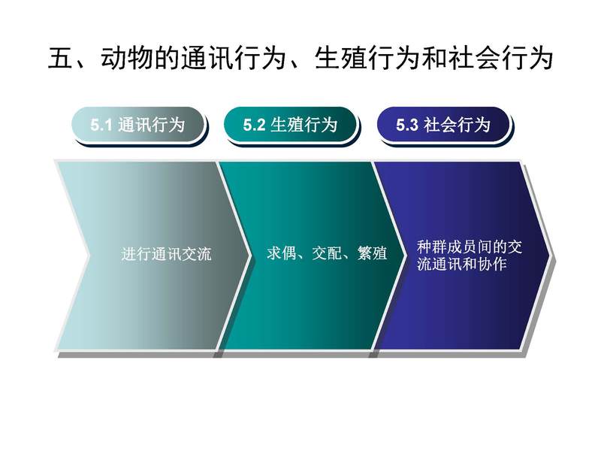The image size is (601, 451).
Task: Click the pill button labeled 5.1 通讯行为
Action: click(x=138, y=125)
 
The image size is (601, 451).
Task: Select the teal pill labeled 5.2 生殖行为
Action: click(x=291, y=125)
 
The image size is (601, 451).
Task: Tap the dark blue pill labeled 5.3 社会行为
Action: click(x=443, y=125)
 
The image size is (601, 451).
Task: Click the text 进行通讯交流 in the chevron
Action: click(x=166, y=254)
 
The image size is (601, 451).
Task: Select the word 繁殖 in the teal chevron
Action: click(x=372, y=253)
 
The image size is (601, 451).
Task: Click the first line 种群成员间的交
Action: click(x=469, y=247)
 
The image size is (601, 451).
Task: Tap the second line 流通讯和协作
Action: click(x=462, y=265)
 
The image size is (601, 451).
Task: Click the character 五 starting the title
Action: click(x=60, y=59)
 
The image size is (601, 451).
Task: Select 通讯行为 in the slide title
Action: click(x=234, y=59)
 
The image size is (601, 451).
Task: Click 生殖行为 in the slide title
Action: click(x=367, y=59)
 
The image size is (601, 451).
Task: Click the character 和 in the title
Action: click(x=433, y=59)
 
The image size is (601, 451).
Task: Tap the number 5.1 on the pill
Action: click(x=101, y=125)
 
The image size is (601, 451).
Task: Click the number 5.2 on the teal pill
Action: click(x=254, y=125)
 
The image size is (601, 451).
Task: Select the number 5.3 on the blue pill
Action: click(x=406, y=125)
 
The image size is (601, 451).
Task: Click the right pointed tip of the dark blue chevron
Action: click(x=551, y=254)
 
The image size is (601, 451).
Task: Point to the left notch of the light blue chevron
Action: click(x=89, y=255)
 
